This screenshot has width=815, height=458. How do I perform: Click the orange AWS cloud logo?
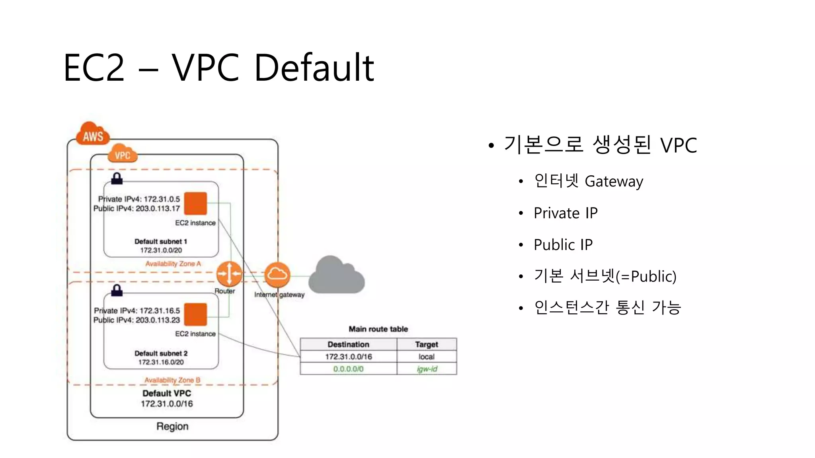pos(93,134)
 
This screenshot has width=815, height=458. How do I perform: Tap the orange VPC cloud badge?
pos(123,154)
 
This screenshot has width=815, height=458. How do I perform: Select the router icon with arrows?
pos(229,274)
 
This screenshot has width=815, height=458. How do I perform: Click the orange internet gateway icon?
pos(277,274)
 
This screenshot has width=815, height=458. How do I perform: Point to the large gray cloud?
pos(337,276)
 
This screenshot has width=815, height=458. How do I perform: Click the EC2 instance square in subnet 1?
pos(196,203)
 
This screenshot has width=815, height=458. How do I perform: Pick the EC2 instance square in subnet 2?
pos(196,314)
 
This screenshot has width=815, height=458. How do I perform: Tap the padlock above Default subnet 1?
pos(117,179)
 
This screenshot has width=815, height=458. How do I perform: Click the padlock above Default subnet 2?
pos(117,291)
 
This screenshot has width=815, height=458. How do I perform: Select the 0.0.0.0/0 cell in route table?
pos(348,369)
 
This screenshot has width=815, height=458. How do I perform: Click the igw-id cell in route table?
pos(427,369)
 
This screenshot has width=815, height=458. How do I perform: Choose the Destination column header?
pos(348,344)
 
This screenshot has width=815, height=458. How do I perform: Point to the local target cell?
pos(427,357)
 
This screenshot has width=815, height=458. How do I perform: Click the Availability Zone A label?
pos(173,264)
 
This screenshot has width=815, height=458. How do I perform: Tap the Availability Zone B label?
pos(172,380)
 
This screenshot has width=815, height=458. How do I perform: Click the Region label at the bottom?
pos(172,426)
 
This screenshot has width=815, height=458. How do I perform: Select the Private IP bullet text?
pos(565,213)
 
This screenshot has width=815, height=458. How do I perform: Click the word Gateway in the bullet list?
pos(614,182)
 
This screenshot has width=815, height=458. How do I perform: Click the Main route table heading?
pos(378,329)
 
